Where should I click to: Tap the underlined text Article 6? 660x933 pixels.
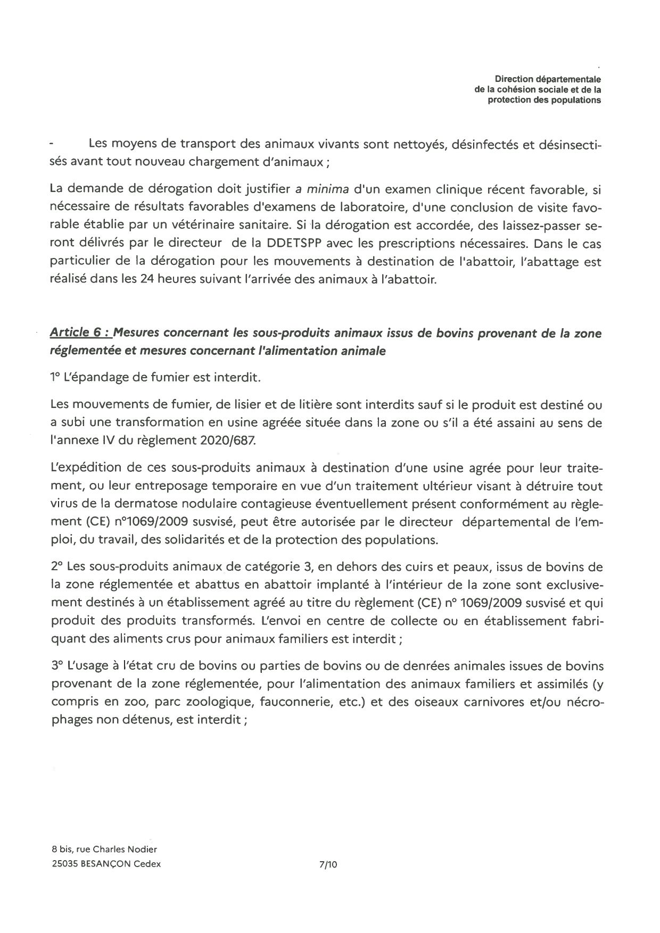pyautogui.click(x=80, y=333)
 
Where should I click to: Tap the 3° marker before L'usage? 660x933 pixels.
pyautogui.click(x=57, y=666)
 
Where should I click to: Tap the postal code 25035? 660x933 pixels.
pyautogui.click(x=64, y=864)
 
